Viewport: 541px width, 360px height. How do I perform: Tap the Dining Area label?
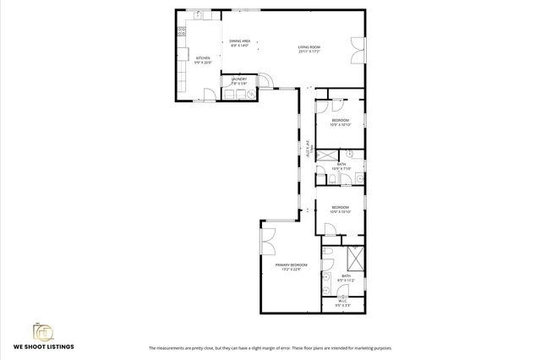240,41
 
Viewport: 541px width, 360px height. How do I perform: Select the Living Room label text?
308,46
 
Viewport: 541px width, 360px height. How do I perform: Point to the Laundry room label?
239,79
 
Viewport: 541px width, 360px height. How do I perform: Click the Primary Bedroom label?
291,265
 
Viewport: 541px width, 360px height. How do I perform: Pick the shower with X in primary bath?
356,258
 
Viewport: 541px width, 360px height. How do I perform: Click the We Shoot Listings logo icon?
43,331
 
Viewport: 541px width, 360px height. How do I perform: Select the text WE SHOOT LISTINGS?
43,347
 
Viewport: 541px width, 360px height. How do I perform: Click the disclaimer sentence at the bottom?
270,348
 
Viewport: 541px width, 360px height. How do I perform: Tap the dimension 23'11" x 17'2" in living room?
309,51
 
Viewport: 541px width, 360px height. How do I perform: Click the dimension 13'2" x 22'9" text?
291,270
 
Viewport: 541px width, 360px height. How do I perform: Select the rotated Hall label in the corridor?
309,150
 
